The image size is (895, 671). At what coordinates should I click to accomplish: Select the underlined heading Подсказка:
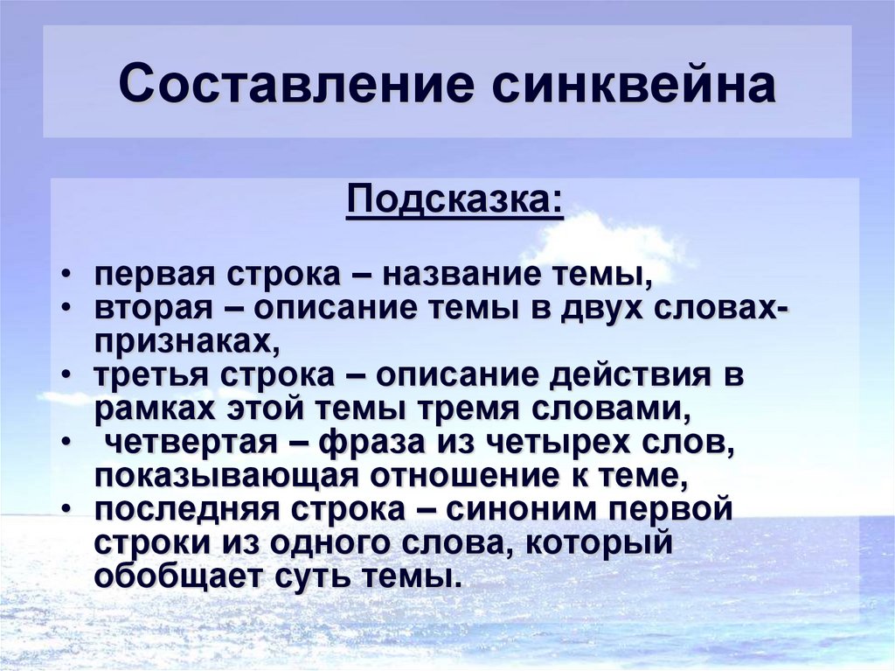coord(454,202)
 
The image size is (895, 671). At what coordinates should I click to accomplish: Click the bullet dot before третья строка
coord(67,374)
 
